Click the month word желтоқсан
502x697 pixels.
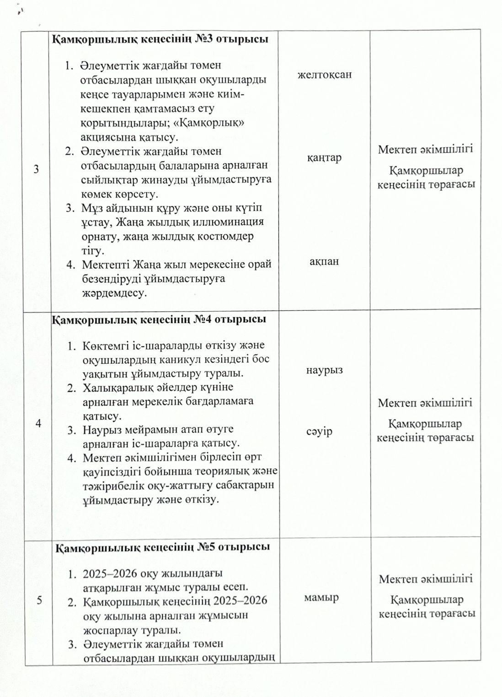point(325,75)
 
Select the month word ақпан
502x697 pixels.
point(324,262)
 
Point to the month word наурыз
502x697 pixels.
point(325,370)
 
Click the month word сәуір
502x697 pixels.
point(319,432)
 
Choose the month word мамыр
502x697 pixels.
point(321,598)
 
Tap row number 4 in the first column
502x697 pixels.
point(38,424)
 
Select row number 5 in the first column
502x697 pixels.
point(39,600)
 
